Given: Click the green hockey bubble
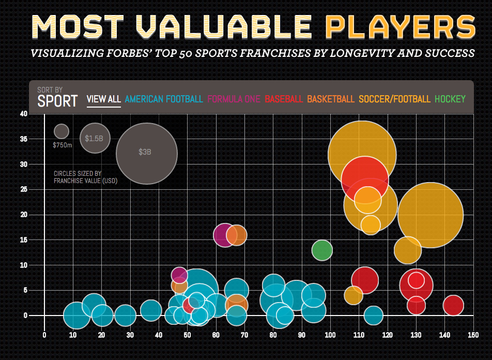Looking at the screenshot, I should (x=322, y=250).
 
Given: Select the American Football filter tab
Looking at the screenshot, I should (x=164, y=99).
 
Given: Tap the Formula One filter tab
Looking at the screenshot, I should (x=234, y=99).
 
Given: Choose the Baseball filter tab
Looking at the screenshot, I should (x=284, y=99).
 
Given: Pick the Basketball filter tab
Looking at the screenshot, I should (x=331, y=99).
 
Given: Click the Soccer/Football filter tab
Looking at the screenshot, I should (x=394, y=99).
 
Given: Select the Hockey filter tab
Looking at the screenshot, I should (x=450, y=99).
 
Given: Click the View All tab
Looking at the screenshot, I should (x=103, y=99).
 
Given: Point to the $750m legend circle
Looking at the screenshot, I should (x=62, y=131).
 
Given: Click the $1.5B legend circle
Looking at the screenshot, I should (x=95, y=138).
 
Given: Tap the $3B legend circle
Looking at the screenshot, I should (x=146, y=153).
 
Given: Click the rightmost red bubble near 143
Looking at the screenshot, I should (x=453, y=305).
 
